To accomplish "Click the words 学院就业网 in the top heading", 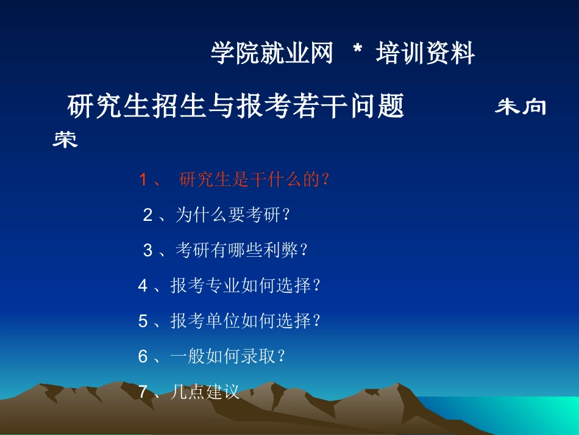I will click(x=272, y=54).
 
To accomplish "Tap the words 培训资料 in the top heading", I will click(x=425, y=54).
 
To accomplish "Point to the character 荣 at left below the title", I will click(x=65, y=140).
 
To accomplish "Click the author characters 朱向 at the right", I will click(x=520, y=107).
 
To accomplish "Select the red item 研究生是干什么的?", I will click(x=255, y=180).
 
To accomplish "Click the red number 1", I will click(x=144, y=180).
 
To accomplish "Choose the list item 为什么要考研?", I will click(x=233, y=215).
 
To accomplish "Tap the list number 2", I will click(x=147, y=215).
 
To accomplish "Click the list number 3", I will click(x=147, y=250).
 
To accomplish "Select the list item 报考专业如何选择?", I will click(x=246, y=286).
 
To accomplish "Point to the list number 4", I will click(x=143, y=286).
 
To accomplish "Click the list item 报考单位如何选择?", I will click(x=246, y=321).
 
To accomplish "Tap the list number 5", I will click(x=143, y=321).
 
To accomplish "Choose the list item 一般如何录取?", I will click(x=228, y=356).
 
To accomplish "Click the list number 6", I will click(x=143, y=356).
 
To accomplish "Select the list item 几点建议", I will click(x=205, y=392).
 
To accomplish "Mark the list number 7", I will click(x=143, y=392).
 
